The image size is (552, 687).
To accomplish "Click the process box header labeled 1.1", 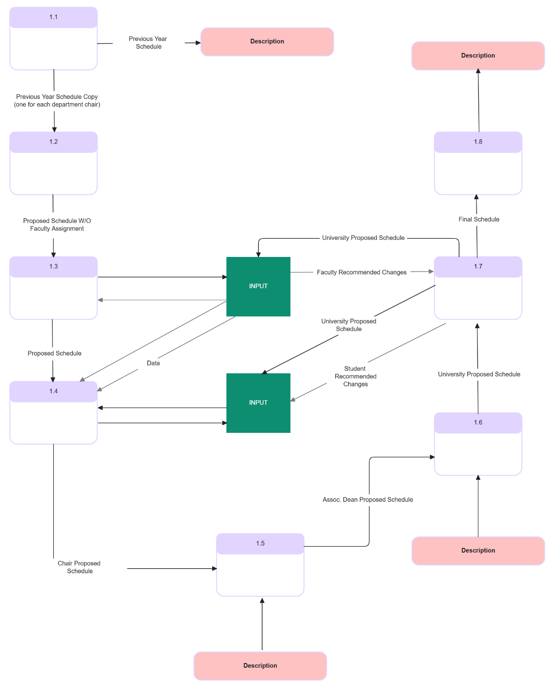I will [x=53, y=17].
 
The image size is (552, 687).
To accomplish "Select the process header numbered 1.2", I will [x=53, y=142].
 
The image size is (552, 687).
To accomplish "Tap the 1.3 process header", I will [x=53, y=267].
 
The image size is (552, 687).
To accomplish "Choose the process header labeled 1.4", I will [x=53, y=391].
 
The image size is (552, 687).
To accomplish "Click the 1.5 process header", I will [x=260, y=543].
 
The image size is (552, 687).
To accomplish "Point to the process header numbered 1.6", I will [x=478, y=423].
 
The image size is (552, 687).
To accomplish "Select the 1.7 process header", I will [x=478, y=267].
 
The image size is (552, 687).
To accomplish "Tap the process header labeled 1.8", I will [x=478, y=142].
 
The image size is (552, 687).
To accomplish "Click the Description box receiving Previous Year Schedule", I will [x=267, y=41].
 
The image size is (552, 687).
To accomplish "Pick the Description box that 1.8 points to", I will [x=478, y=56].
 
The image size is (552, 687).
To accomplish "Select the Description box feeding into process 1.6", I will [x=478, y=551].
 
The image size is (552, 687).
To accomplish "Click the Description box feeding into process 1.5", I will [x=260, y=666].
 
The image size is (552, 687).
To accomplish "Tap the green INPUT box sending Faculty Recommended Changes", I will [x=258, y=286].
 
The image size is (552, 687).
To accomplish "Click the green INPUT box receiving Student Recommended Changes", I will [x=258, y=403].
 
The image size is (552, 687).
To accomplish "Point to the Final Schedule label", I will [x=478, y=220].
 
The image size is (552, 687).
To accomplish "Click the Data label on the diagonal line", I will [x=153, y=363].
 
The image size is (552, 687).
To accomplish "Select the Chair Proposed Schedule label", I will [x=79, y=567].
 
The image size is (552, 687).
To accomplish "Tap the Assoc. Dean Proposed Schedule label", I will [x=368, y=500].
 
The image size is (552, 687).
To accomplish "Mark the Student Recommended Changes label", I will [x=355, y=377].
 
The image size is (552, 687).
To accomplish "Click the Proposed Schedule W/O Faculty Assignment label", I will [x=57, y=225].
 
